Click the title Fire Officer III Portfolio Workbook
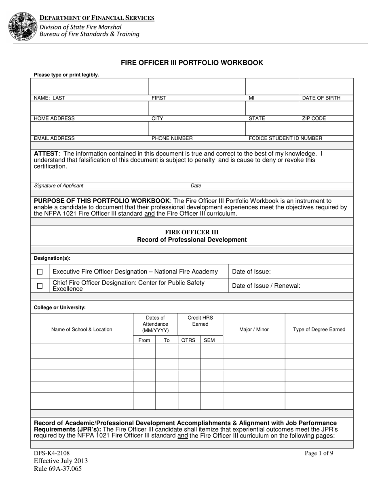tap(192, 63)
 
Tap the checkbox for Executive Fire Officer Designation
tap(40, 272)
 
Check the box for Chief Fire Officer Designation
tap(40, 286)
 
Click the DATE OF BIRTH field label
tap(321, 98)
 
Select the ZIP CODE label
tap(314, 118)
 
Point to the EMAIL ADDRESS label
tap(54, 138)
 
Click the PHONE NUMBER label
tap(172, 138)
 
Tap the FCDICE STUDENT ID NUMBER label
tap(285, 138)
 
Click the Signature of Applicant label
tap(59, 185)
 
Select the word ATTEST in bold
tap(46, 154)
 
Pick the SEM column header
tap(209, 340)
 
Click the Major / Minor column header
tap(254, 329)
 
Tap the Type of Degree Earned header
tap(319, 329)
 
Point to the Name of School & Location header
tap(82, 329)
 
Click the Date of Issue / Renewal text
tap(266, 286)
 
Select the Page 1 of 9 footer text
tap(319, 453)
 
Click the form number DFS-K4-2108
tap(49, 453)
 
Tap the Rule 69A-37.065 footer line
tap(60, 469)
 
